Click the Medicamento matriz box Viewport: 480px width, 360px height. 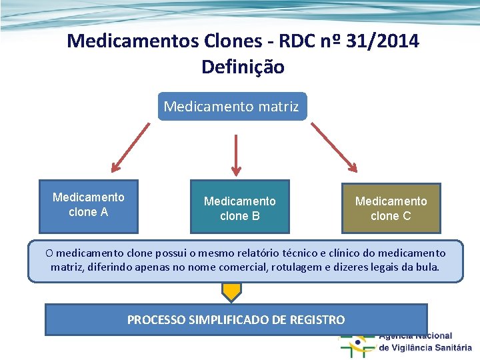point(232,107)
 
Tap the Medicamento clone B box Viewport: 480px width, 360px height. point(240,207)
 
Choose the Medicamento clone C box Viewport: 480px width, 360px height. point(391,207)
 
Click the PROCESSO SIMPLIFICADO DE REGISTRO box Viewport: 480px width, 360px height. point(236,319)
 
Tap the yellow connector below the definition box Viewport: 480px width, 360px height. point(231,291)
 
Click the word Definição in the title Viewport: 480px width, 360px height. point(243,67)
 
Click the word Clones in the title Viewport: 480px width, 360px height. point(224,41)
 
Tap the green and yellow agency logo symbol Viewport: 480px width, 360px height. point(357,343)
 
